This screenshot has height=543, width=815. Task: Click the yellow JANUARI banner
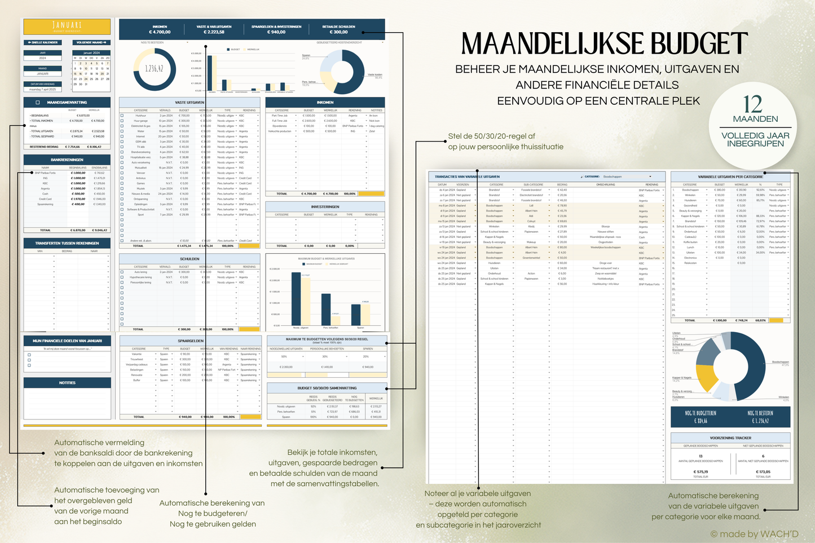67,26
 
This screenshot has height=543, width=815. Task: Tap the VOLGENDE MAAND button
91,42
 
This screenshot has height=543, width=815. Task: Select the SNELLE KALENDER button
43,42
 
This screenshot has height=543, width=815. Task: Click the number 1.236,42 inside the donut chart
155,69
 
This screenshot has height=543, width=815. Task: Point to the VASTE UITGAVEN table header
190,103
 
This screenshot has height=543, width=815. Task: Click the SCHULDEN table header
190,259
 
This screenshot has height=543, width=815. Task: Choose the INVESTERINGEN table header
325,207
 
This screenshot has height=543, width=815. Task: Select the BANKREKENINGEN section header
67,160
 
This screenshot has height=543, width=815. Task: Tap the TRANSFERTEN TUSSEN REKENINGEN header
67,243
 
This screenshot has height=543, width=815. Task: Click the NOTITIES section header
67,383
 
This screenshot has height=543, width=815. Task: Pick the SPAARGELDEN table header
190,341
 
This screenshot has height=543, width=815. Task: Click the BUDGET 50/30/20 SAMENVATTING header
327,388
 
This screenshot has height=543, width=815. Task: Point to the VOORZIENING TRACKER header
730,438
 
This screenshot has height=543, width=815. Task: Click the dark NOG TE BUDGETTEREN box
701,417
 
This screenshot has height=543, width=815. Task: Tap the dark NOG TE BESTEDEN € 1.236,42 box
760,417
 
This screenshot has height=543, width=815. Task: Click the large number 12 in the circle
753,104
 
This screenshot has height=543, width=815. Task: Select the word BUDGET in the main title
699,44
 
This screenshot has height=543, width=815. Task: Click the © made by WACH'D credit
754,534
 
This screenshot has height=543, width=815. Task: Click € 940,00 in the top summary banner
276,32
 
